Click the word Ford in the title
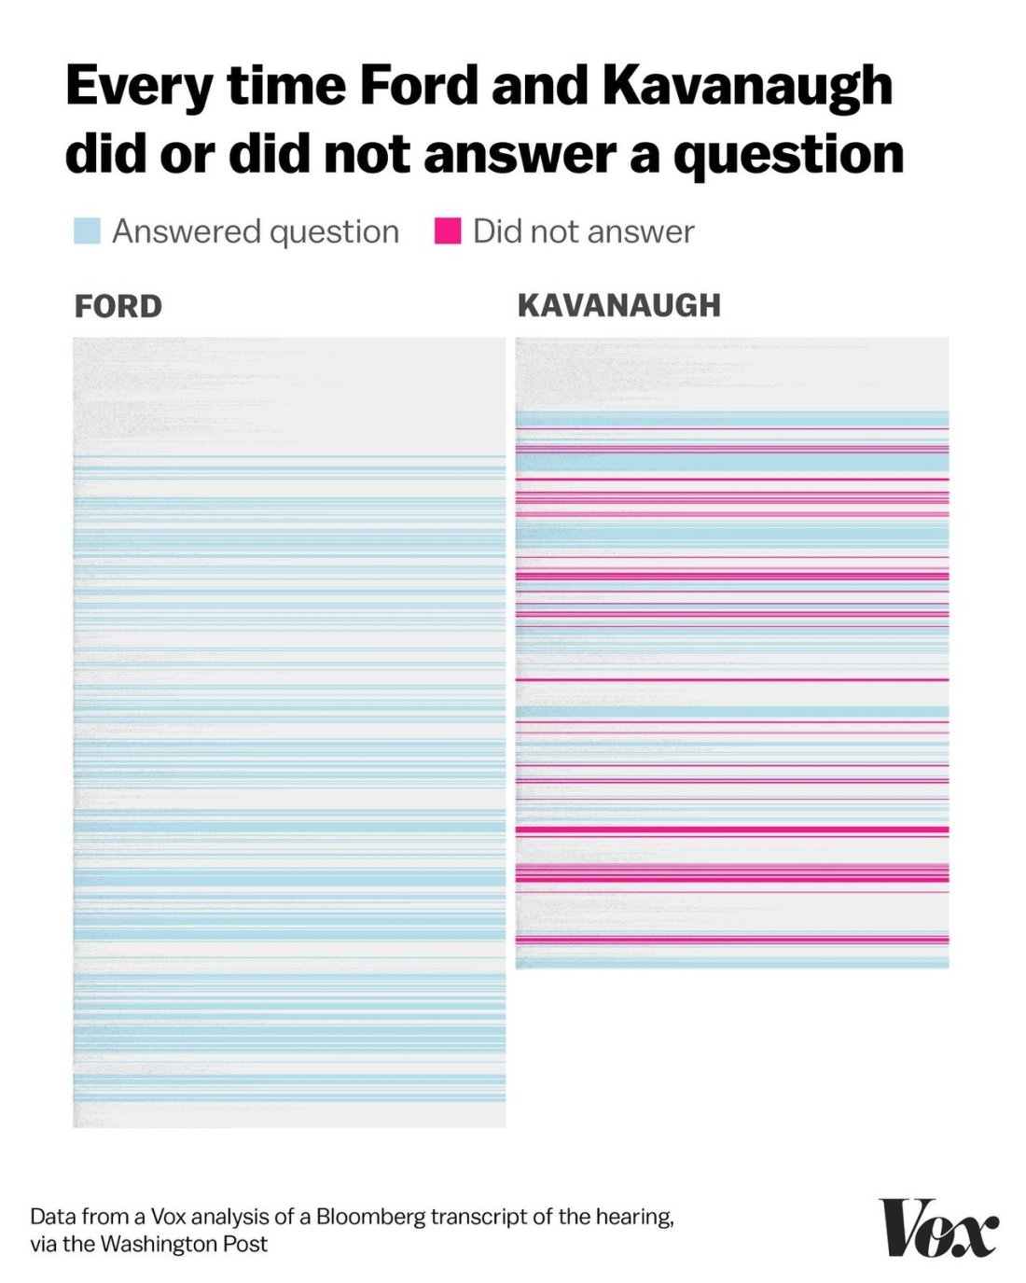(419, 85)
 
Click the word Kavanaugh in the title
(747, 87)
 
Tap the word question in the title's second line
(788, 155)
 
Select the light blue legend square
(87, 230)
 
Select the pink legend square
(448, 230)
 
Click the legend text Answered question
(256, 231)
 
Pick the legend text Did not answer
(583, 231)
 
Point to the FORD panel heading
(118, 306)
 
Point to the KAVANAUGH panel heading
(618, 305)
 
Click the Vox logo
(937, 1227)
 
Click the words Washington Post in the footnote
(184, 1244)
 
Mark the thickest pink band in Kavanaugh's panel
(732, 830)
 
